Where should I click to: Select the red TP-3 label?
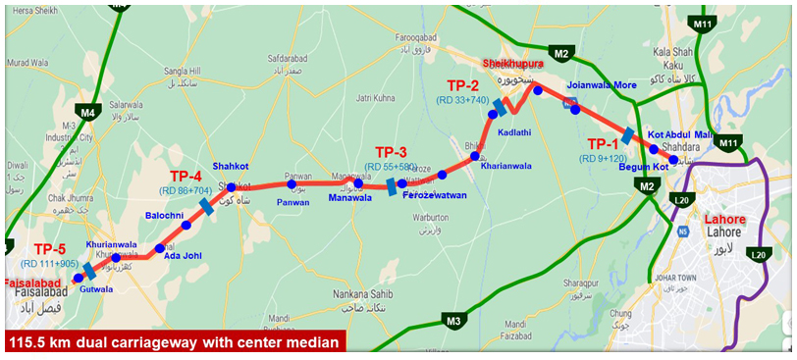click(391, 152)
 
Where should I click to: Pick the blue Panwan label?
click(293, 202)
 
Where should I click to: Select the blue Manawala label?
click(350, 197)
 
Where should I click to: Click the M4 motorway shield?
click(88, 113)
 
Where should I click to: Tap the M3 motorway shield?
click(453, 320)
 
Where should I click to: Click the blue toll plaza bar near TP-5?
click(90, 271)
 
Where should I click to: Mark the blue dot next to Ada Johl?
click(160, 248)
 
